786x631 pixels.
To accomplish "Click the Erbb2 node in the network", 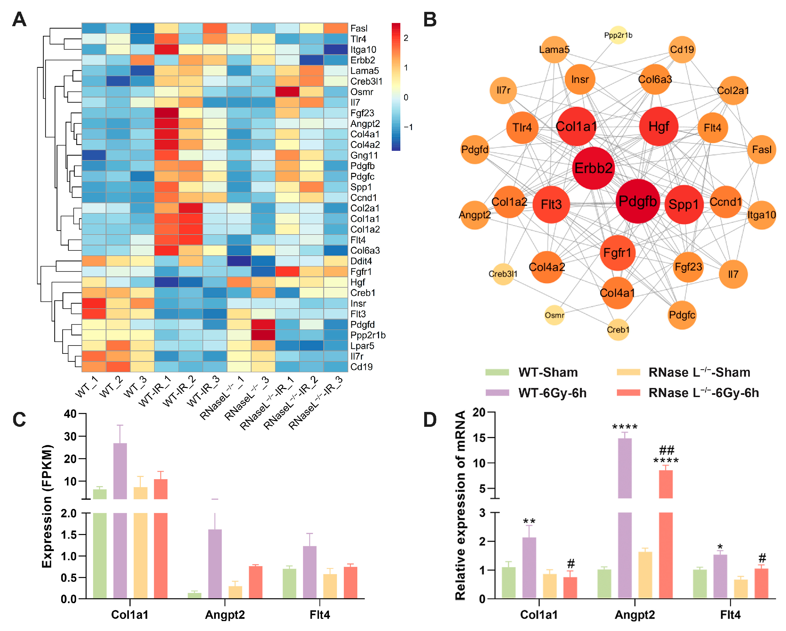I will [593, 168].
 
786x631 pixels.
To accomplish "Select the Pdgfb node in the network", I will [638, 201].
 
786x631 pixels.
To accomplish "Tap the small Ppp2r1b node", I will [618, 35].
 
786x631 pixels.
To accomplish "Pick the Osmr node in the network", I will [554, 315].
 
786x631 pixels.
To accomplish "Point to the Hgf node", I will [658, 126].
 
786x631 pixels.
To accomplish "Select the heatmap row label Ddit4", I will [361, 261].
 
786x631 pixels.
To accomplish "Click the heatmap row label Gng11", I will [364, 155].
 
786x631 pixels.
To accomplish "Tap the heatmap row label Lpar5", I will [362, 346].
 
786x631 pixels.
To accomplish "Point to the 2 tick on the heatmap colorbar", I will [406, 38].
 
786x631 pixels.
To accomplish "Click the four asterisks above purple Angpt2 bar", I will [625, 427].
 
